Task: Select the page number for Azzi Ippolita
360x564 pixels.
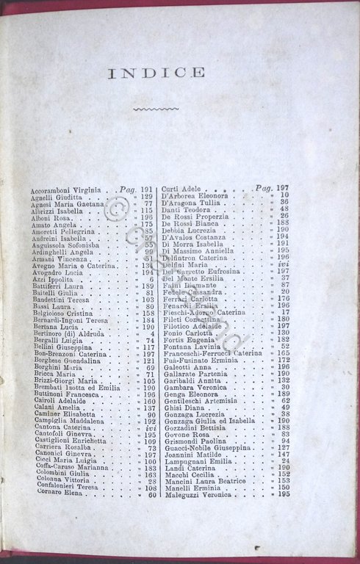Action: tap(152, 280)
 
